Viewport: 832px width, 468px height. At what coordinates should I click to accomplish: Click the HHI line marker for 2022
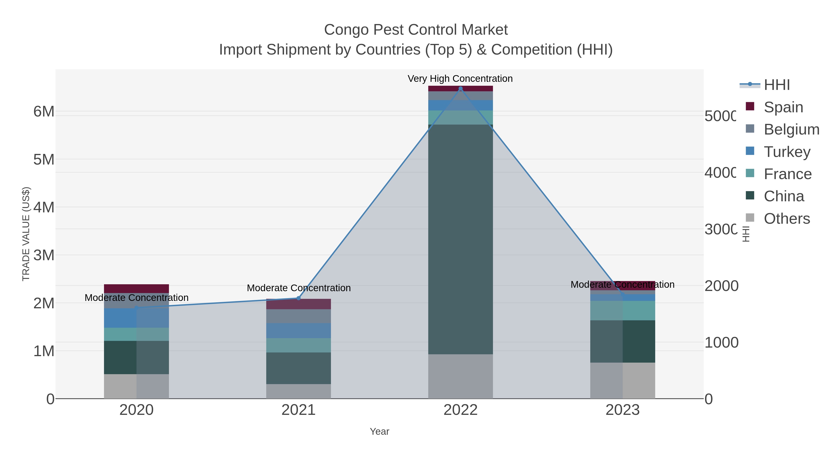(x=461, y=89)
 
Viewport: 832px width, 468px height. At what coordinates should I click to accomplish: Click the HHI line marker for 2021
(x=298, y=298)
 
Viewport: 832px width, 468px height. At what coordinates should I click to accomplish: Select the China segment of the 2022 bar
(x=461, y=239)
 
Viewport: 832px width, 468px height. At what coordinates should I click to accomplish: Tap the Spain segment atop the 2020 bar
(x=136, y=288)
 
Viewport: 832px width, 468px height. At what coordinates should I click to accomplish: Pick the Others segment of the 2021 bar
(x=298, y=391)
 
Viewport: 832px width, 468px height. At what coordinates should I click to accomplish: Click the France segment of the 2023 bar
(x=622, y=310)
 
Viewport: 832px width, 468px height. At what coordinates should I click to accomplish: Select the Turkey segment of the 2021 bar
(x=298, y=330)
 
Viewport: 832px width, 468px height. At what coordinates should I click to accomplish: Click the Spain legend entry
(x=783, y=107)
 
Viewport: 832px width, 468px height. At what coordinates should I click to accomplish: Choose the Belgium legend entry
(x=791, y=129)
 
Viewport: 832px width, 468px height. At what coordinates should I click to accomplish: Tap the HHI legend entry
(x=777, y=85)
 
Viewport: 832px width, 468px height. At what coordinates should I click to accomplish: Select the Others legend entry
(x=786, y=219)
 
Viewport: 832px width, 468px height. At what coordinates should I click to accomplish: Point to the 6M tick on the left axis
(x=44, y=112)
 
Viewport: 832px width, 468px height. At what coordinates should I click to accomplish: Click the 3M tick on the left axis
(x=44, y=255)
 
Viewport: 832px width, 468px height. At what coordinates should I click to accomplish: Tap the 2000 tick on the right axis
(x=721, y=286)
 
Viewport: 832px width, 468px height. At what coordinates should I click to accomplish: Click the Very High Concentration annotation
(x=460, y=79)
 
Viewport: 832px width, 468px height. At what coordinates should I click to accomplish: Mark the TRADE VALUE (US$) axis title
(x=26, y=234)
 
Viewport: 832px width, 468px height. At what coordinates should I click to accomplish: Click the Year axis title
(x=379, y=431)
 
